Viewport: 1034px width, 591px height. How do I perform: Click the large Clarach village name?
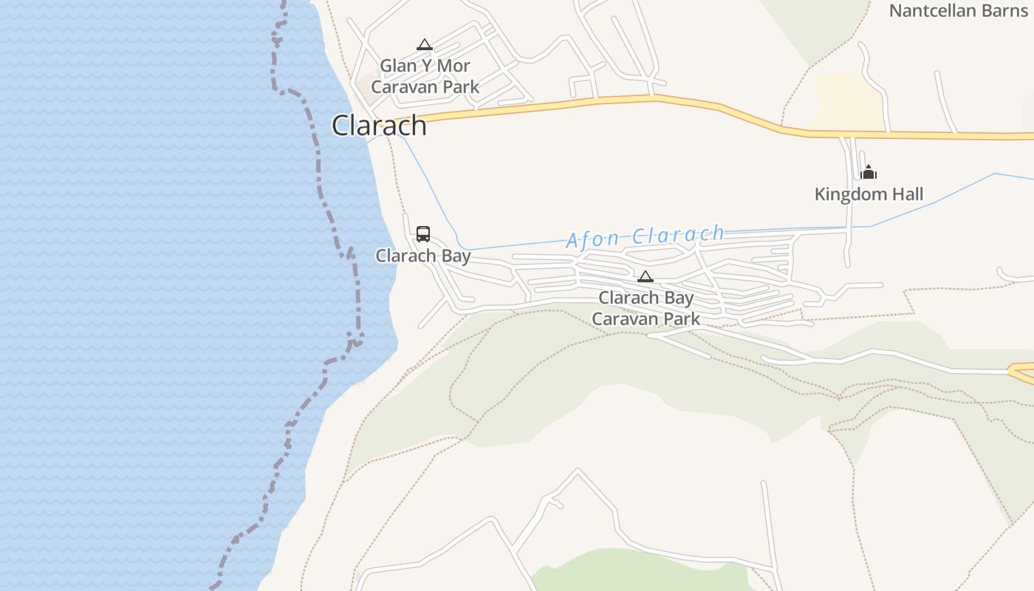(x=379, y=126)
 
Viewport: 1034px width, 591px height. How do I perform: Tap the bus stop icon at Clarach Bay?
(x=423, y=234)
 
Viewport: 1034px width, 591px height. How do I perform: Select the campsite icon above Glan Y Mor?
(x=424, y=45)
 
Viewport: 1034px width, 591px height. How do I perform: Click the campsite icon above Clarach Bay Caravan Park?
(x=646, y=277)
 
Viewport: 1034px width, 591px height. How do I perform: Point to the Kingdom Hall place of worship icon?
(x=869, y=172)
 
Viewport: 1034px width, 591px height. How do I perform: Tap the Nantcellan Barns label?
(x=958, y=10)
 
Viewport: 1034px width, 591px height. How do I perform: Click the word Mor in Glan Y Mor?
(x=453, y=66)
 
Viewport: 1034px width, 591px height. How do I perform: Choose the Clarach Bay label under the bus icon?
(x=423, y=256)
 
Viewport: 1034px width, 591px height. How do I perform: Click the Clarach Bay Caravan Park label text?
(x=646, y=308)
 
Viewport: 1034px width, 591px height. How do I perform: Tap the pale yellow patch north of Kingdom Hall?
(x=849, y=103)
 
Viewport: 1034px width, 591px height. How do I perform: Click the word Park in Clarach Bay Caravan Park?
(x=681, y=319)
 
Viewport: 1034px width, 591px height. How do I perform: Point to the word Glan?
(x=399, y=66)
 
